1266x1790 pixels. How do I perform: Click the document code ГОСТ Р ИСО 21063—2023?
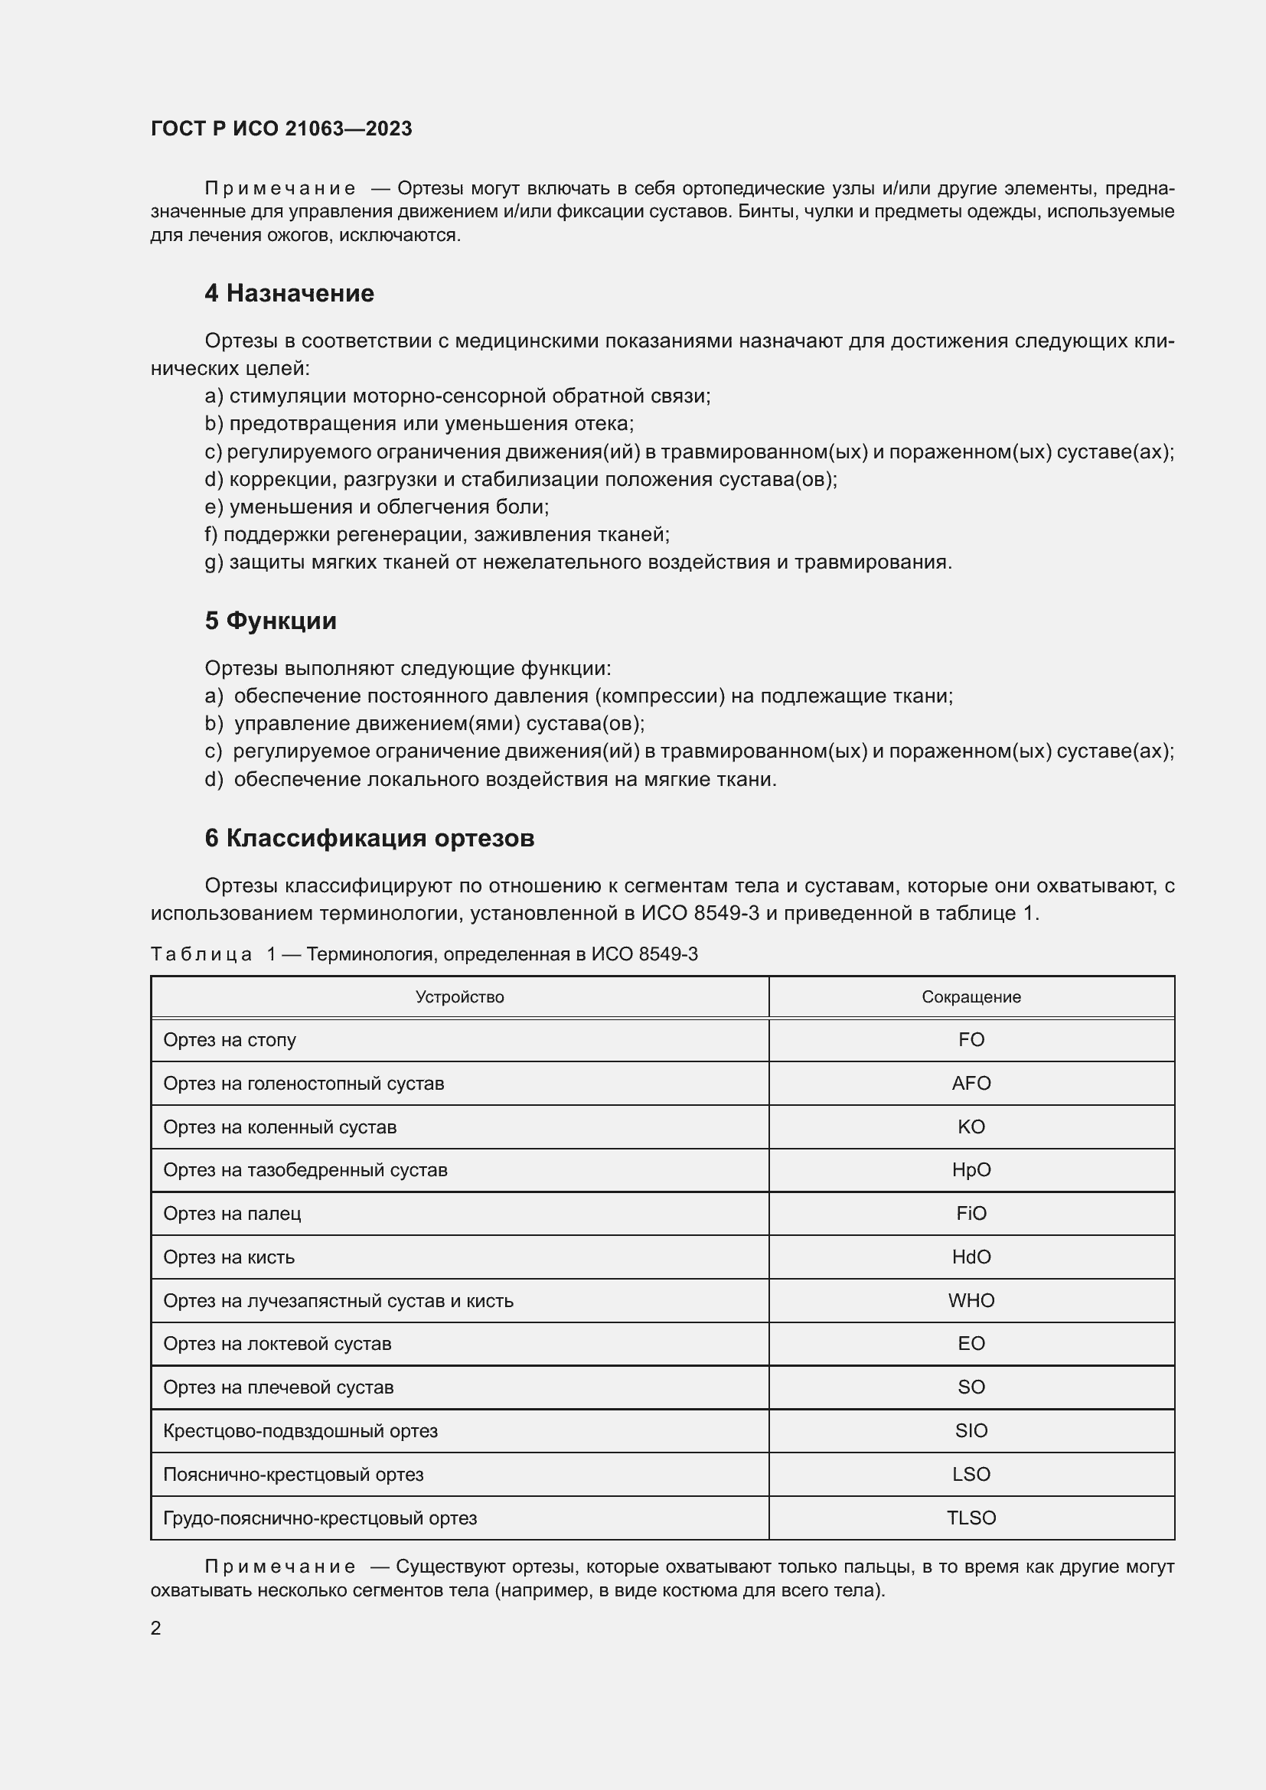[x=282, y=129]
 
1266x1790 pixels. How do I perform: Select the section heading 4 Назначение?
[x=289, y=293]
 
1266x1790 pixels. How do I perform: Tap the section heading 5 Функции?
[x=270, y=621]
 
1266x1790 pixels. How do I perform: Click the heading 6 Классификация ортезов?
[x=370, y=838]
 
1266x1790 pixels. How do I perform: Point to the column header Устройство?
[x=459, y=997]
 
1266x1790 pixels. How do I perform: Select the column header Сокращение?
[x=971, y=997]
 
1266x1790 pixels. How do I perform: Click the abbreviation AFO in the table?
[x=971, y=1083]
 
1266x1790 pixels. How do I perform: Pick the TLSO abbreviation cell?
[x=971, y=1518]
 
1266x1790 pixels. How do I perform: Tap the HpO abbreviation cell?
[x=971, y=1170]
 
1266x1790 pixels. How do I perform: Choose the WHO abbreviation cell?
[x=971, y=1300]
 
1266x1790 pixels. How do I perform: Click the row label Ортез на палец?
[x=233, y=1214]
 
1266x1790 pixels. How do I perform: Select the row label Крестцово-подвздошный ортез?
[x=300, y=1431]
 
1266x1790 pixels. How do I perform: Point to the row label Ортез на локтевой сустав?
[x=277, y=1344]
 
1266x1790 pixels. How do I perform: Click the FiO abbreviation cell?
[x=971, y=1214]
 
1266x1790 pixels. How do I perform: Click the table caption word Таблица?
[x=201, y=954]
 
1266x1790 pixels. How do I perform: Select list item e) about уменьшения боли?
[x=377, y=507]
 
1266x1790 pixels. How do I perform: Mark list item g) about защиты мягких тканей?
[x=578, y=562]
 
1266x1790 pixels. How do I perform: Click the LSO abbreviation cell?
[x=971, y=1474]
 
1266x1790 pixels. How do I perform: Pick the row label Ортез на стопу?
[x=229, y=1040]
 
